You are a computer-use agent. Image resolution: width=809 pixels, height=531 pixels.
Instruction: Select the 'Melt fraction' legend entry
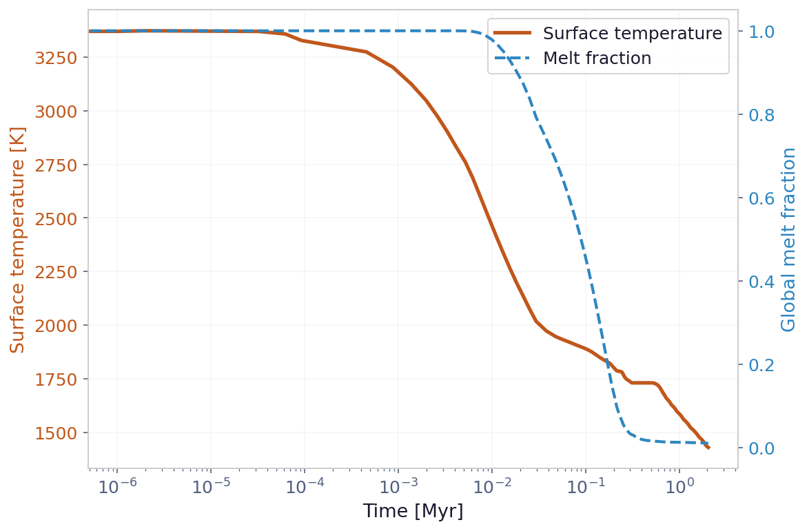(597, 59)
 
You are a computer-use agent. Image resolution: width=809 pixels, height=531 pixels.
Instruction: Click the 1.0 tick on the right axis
(756, 32)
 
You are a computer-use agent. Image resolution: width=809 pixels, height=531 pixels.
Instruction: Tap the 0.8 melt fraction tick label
(756, 115)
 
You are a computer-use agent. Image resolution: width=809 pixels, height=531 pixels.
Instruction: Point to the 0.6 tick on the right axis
(756, 198)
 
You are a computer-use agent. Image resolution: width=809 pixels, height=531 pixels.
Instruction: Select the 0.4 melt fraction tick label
(756, 282)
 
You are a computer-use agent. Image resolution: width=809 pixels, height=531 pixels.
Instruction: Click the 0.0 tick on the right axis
(756, 448)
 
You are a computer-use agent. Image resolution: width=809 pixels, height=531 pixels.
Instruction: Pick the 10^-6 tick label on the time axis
(117, 486)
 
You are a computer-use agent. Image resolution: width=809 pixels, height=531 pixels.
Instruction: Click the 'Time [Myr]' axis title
(413, 512)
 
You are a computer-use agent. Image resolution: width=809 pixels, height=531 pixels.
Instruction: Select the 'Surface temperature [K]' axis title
(18, 240)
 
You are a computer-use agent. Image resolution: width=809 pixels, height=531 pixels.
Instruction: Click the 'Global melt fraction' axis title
(789, 240)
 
